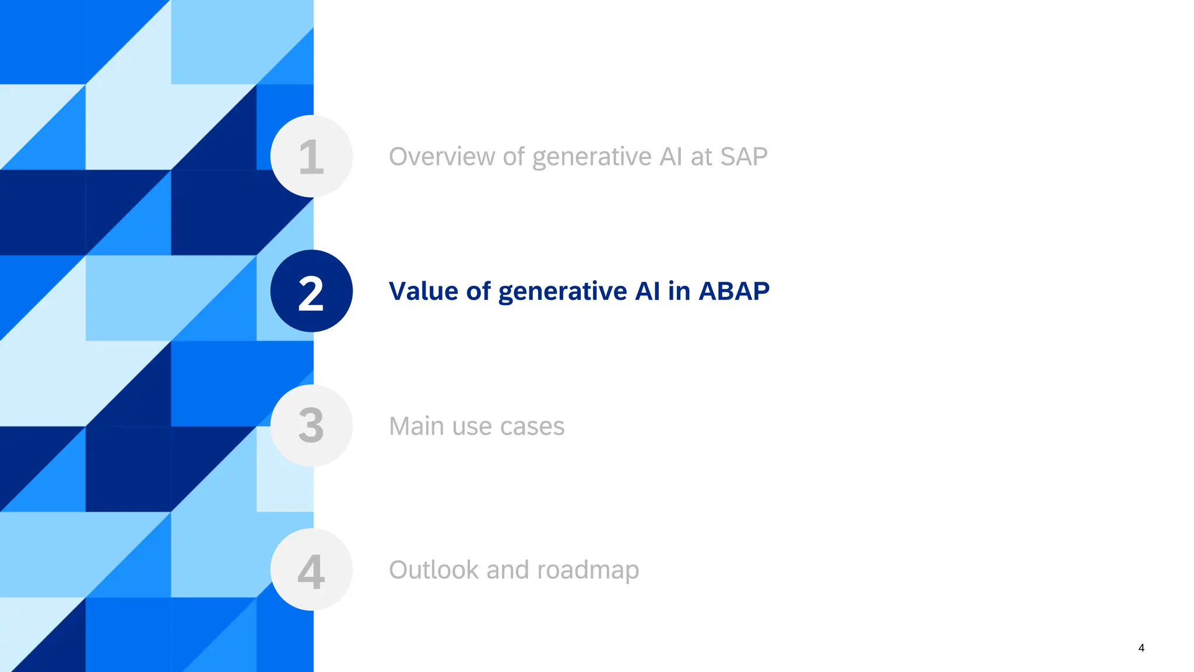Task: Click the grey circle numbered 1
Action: (x=311, y=156)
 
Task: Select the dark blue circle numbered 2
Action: (x=311, y=291)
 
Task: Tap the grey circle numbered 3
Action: (x=311, y=426)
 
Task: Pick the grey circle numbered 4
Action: (x=311, y=570)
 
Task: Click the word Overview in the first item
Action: (x=441, y=156)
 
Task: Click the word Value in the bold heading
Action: (x=423, y=291)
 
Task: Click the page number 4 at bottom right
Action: (x=1141, y=648)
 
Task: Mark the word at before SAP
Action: (x=701, y=156)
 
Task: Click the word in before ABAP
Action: (x=679, y=291)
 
